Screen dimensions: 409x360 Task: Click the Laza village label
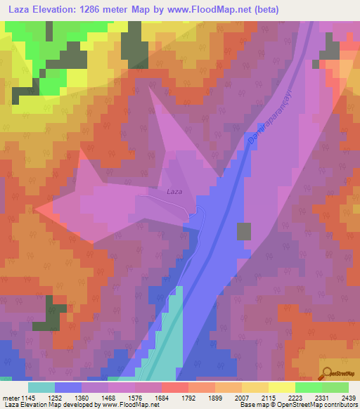tap(175, 191)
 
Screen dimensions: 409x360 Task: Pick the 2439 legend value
tap(347, 398)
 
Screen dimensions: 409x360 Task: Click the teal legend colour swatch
tap(41, 387)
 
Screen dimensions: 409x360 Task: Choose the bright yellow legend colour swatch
tap(282, 387)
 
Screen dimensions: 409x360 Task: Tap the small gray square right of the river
tap(244, 231)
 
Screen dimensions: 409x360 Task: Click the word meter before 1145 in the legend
tap(11, 398)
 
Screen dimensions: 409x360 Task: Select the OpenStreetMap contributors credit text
tap(297, 405)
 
